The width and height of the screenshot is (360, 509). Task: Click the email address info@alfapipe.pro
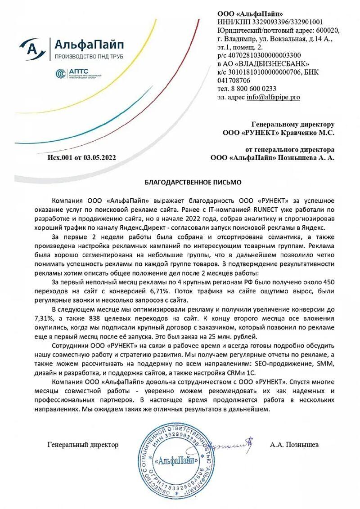coord(273,97)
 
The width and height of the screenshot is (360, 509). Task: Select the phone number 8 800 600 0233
coord(253,89)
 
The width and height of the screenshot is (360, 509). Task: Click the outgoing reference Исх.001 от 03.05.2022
coord(81,157)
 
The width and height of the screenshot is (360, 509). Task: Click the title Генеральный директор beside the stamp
coord(83,445)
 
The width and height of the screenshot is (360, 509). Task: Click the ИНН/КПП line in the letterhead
coord(270,22)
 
